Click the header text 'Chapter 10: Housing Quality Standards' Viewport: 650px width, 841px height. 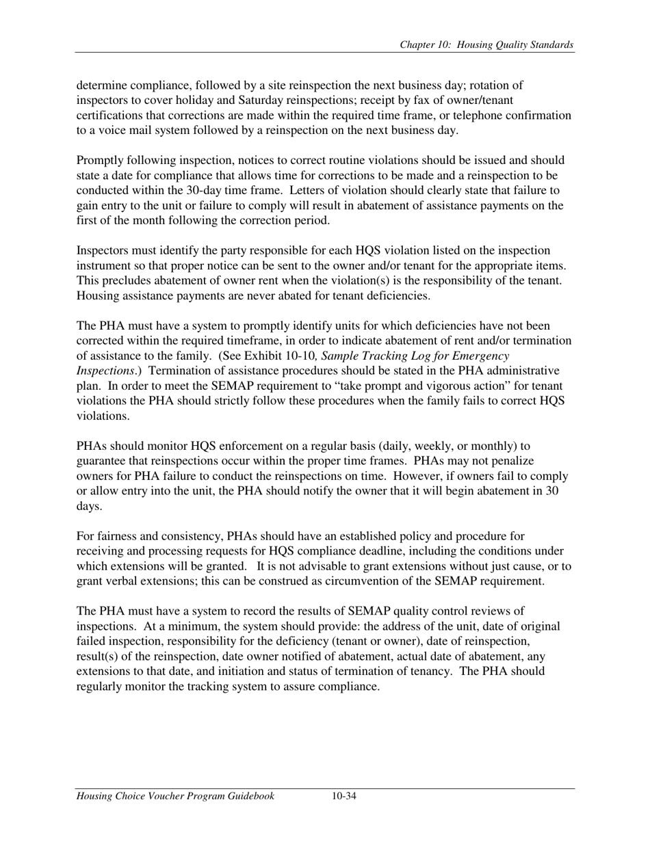coord(486,45)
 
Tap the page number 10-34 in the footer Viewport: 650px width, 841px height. coord(344,796)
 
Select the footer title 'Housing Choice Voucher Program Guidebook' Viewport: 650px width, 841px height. coord(175,796)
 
